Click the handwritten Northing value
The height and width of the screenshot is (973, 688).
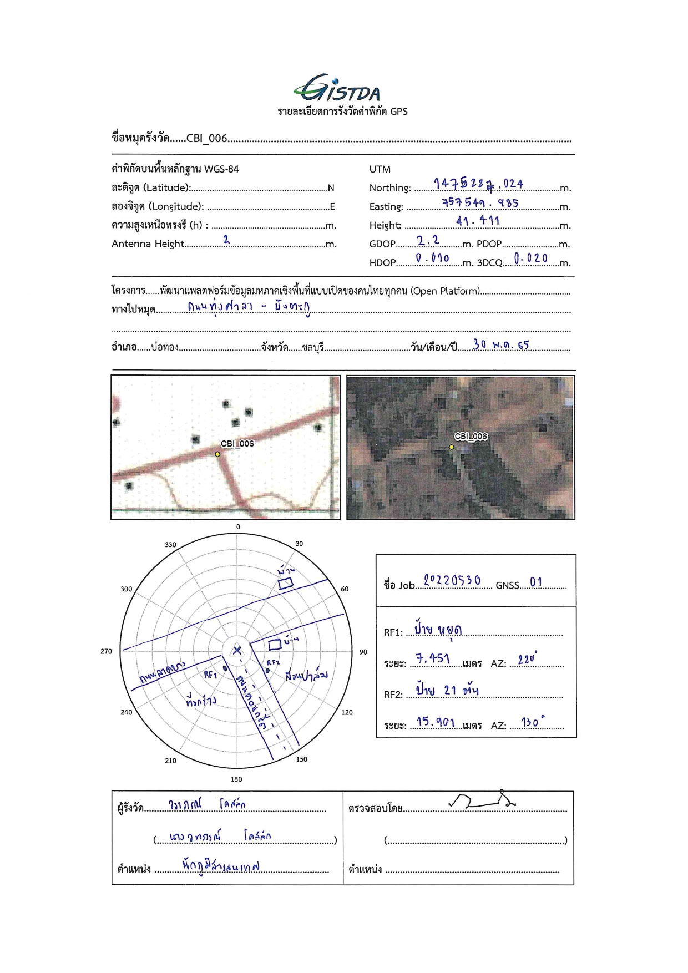(x=478, y=184)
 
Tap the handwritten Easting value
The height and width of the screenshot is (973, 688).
(x=480, y=202)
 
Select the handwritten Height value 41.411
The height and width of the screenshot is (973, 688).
(x=478, y=221)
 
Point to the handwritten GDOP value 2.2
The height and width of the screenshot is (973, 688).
(x=428, y=240)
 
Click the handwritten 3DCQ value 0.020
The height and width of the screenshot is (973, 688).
(x=530, y=258)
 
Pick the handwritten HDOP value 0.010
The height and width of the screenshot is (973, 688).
(x=432, y=258)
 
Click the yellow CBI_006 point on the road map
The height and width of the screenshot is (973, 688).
(x=217, y=454)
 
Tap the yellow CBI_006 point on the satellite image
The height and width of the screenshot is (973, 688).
(x=452, y=447)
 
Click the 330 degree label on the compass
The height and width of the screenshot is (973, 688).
(x=170, y=545)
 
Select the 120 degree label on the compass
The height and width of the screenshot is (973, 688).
(x=347, y=712)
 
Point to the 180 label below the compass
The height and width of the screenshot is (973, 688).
(x=236, y=779)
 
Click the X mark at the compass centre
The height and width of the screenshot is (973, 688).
(x=237, y=650)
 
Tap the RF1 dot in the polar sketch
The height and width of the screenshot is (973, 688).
(x=225, y=668)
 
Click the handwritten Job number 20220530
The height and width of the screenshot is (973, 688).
(x=452, y=580)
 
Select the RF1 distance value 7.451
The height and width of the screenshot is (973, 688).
(x=433, y=658)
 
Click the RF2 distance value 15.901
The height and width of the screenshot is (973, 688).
(x=436, y=722)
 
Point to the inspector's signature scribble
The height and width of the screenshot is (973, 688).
(x=482, y=800)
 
